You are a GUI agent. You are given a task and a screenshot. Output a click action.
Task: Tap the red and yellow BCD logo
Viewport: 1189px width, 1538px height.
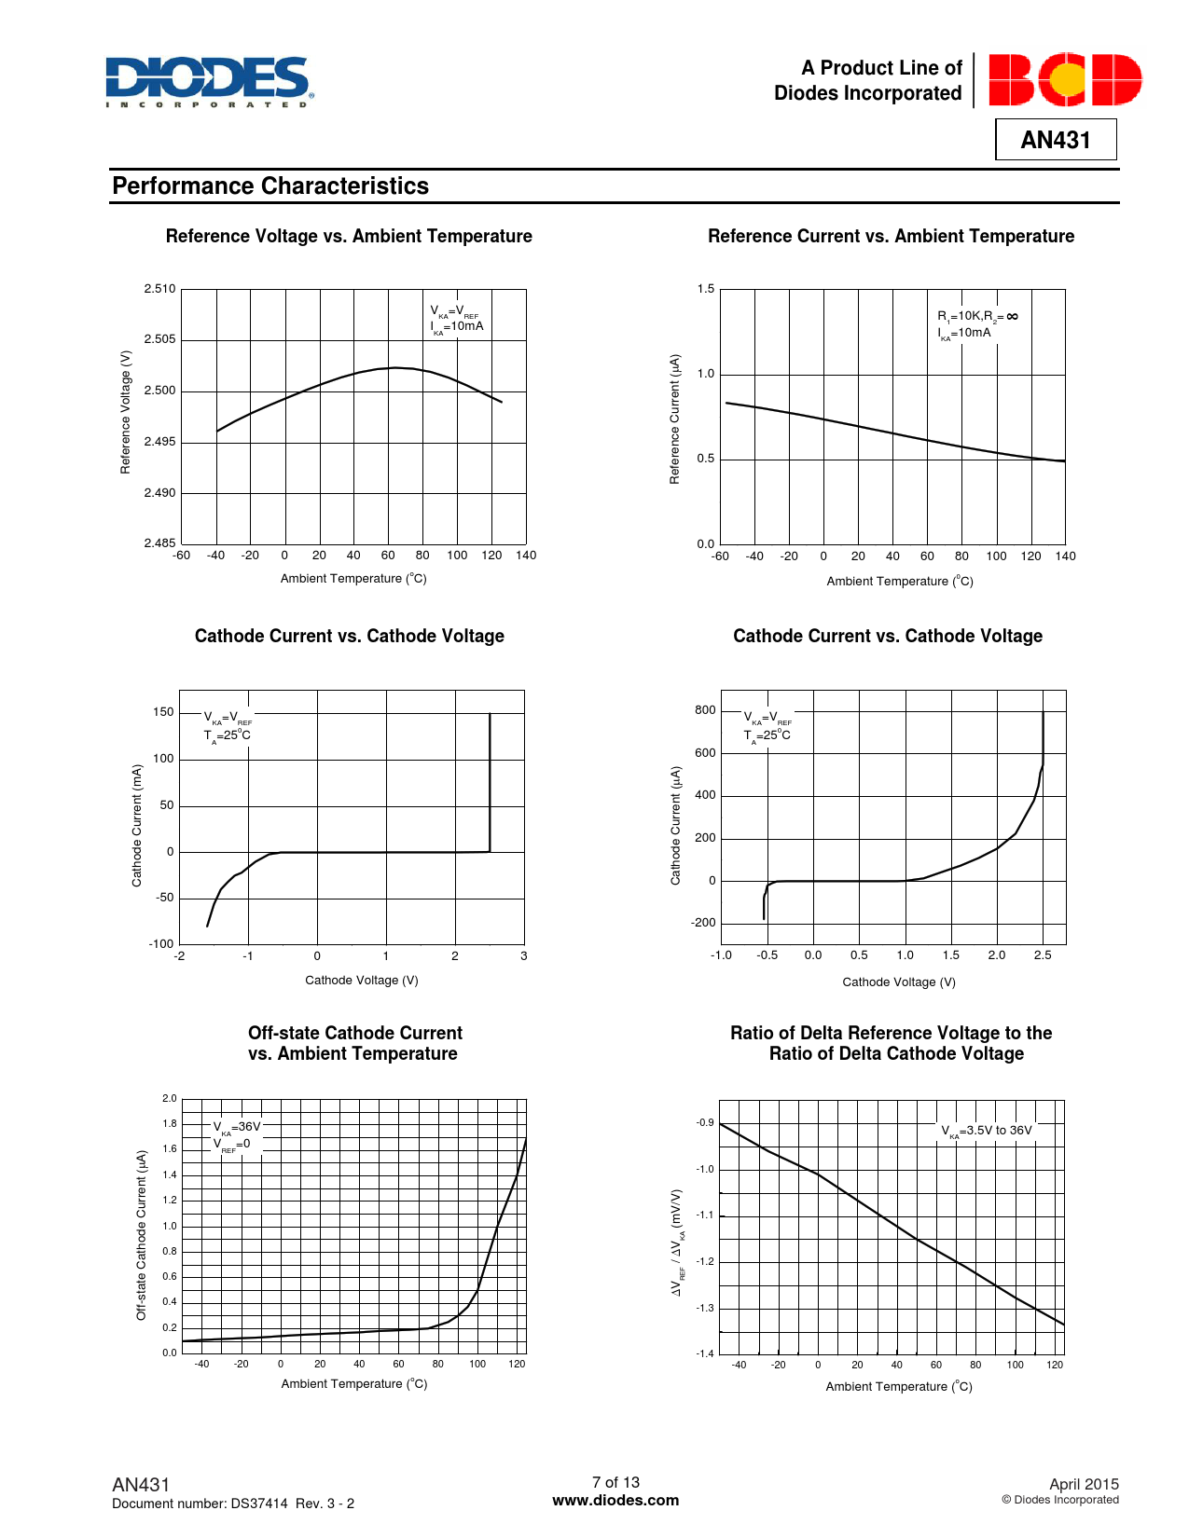pyautogui.click(x=1065, y=79)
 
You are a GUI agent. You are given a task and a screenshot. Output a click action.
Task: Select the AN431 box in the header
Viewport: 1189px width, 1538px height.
pyautogui.click(x=1056, y=140)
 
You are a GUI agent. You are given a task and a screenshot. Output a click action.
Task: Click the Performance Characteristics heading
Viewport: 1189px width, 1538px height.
pyautogui.click(x=270, y=186)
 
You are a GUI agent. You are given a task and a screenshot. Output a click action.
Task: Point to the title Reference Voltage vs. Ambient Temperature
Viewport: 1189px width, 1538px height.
pyautogui.click(x=349, y=237)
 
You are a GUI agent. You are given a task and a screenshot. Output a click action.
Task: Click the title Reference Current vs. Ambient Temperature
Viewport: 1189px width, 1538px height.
pyautogui.click(x=891, y=237)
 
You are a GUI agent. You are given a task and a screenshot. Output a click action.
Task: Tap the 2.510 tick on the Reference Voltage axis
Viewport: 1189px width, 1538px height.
pyautogui.click(x=159, y=289)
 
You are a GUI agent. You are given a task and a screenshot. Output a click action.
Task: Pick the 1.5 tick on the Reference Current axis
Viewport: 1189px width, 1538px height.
pyautogui.click(x=706, y=289)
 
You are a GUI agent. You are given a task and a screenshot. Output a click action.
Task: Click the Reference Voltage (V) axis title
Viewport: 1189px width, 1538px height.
pyautogui.click(x=126, y=412)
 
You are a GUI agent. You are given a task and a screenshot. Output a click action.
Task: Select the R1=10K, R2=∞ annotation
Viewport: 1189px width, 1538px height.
pyautogui.click(x=977, y=316)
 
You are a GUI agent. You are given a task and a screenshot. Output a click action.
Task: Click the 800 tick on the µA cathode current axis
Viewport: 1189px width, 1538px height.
pyautogui.click(x=705, y=710)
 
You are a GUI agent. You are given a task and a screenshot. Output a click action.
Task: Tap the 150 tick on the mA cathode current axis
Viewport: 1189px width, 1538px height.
pyautogui.click(x=163, y=712)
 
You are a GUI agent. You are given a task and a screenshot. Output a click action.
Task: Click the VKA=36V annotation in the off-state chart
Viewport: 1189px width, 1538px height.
pyautogui.click(x=237, y=1126)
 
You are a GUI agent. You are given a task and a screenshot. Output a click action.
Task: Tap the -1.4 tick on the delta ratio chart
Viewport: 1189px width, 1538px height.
pyautogui.click(x=704, y=1353)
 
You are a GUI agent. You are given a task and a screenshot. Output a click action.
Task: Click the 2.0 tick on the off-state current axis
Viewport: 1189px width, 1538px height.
pyautogui.click(x=170, y=1099)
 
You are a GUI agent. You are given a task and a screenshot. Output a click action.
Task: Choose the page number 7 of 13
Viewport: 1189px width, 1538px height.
pyautogui.click(x=615, y=1482)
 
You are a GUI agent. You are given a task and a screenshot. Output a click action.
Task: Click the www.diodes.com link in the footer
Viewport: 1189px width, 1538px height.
pyautogui.click(x=615, y=1501)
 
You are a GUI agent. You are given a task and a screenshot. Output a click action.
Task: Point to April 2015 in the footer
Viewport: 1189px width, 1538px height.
pyautogui.click(x=1084, y=1484)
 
